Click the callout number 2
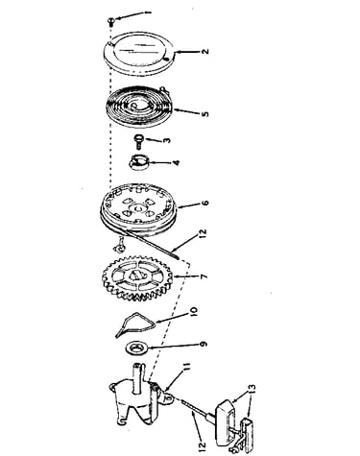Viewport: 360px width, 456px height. [205, 51]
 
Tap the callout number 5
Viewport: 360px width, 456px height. [205, 114]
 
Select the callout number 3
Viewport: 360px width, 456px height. [167, 140]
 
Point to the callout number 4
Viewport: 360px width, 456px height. [176, 162]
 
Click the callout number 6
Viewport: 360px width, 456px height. [204, 203]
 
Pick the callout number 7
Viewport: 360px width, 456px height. [204, 276]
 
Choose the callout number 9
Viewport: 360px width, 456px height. [204, 344]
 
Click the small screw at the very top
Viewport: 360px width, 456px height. [111, 21]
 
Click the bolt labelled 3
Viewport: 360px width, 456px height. [138, 141]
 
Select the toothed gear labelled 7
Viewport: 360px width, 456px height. [137, 277]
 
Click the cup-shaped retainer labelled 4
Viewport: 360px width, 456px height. [139, 162]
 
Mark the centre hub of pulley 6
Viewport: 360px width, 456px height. [138, 209]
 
